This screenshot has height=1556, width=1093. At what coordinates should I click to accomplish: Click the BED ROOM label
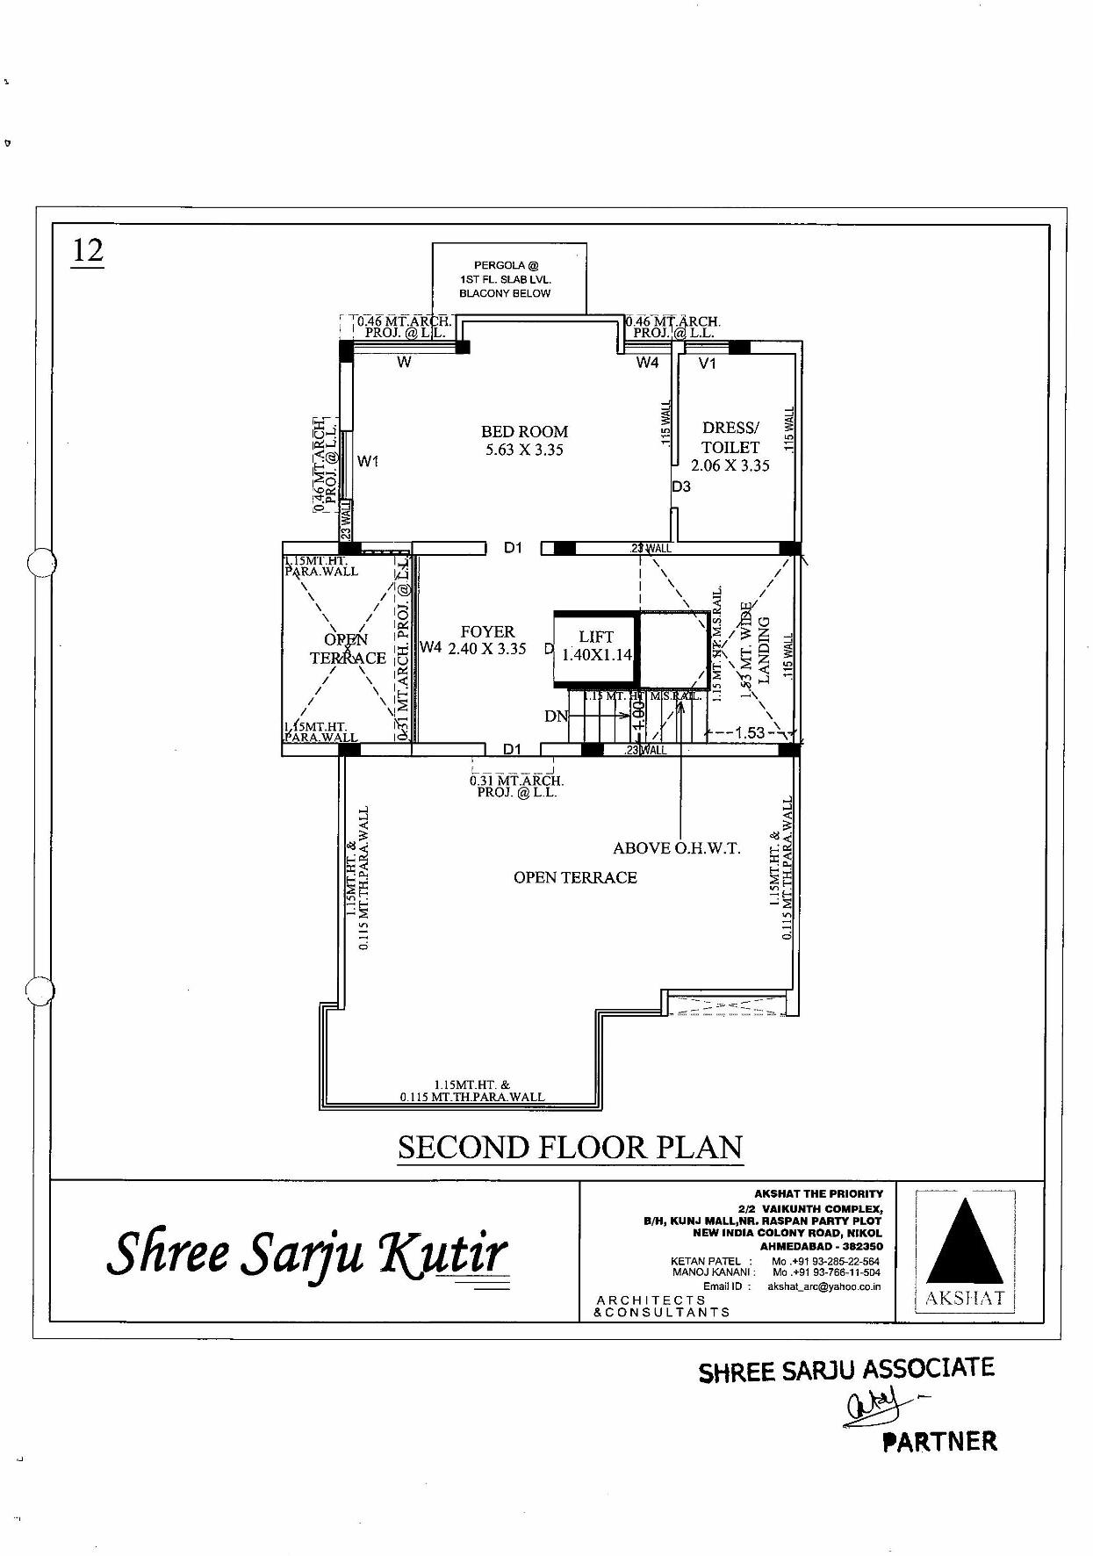tap(524, 440)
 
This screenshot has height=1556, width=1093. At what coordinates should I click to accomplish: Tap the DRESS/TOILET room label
tap(730, 446)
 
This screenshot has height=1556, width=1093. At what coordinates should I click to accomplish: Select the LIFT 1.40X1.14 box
tap(596, 645)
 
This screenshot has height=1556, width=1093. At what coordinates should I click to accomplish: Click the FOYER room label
tap(487, 640)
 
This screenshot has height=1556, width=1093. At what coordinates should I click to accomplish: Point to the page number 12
tap(87, 251)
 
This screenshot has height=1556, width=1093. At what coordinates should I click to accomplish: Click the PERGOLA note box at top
tap(509, 278)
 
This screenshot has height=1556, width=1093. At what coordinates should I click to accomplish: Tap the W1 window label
tap(369, 461)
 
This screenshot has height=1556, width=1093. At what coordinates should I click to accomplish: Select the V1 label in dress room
tap(708, 364)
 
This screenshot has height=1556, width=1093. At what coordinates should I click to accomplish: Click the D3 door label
tap(681, 486)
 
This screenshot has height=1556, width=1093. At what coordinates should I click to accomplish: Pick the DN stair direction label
tap(556, 716)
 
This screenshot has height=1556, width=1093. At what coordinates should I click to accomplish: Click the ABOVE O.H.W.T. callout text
tap(676, 848)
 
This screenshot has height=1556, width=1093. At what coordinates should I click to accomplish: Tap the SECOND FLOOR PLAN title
tap(570, 1148)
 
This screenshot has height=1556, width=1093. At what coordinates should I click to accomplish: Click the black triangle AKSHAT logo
tap(965, 1242)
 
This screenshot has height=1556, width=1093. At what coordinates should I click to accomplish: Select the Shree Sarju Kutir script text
tap(307, 1253)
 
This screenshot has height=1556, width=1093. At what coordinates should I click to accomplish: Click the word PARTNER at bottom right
tap(939, 1442)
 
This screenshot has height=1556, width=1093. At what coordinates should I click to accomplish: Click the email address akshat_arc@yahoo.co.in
tap(823, 1286)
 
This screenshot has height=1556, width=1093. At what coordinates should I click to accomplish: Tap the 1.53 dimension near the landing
tap(750, 732)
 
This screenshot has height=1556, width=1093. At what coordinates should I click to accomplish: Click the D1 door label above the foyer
tap(513, 548)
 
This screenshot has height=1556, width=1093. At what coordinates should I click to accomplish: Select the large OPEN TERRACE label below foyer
tap(575, 877)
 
